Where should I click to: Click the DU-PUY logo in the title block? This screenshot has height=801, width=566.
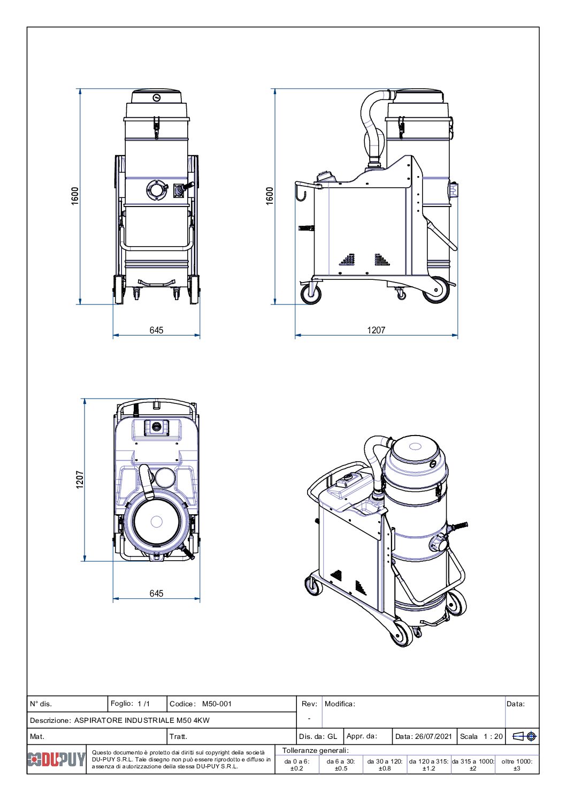tap(56, 759)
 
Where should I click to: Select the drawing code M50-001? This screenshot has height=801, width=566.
tap(217, 704)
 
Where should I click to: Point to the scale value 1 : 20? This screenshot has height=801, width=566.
tap(493, 736)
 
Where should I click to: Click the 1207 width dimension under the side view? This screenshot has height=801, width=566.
tap(376, 330)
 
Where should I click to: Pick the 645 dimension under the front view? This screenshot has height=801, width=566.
tap(156, 330)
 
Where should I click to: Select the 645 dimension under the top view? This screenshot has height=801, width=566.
tap(156, 593)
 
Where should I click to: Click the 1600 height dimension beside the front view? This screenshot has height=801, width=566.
tap(75, 195)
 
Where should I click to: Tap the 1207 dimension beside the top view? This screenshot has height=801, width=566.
tap(80, 479)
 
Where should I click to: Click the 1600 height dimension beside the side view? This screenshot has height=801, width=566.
tap(270, 195)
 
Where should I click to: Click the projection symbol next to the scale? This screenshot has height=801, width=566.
tap(525, 736)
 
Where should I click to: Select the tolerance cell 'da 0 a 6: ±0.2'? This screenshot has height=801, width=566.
tap(297, 765)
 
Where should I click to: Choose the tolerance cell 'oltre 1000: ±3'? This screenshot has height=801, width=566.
tap(517, 765)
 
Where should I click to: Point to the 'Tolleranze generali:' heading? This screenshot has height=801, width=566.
tap(316, 750)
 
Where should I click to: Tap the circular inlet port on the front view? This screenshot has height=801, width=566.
tap(156, 189)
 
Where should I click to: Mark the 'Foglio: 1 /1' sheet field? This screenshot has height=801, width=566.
tap(131, 704)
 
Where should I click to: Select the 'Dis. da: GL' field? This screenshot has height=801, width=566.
tap(318, 736)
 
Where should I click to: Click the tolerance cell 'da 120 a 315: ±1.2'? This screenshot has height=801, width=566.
tap(429, 765)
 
